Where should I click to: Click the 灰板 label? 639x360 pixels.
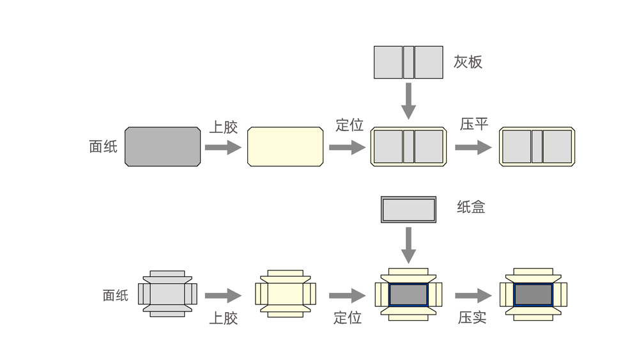pyautogui.click(x=468, y=62)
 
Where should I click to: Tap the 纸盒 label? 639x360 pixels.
pyautogui.click(x=471, y=207)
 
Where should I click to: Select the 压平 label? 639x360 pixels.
pyautogui.click(x=474, y=124)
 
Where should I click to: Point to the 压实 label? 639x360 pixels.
pyautogui.click(x=472, y=317)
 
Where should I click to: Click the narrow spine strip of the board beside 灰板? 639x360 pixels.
pyautogui.click(x=408, y=62)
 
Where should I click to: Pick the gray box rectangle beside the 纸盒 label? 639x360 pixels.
pyautogui.click(x=408, y=210)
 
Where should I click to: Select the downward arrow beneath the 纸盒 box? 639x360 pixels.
pyautogui.click(x=408, y=245)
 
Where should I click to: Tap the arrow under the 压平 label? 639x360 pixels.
pyautogui.click(x=473, y=148)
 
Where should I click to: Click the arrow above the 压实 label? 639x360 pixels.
pyautogui.click(x=473, y=295)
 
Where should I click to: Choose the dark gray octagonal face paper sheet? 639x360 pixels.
pyautogui.click(x=162, y=146)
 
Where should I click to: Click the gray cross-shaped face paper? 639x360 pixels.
pyautogui.click(x=167, y=293)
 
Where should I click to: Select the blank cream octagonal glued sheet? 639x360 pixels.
pyautogui.click(x=285, y=146)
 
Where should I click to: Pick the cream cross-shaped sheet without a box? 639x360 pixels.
pyautogui.click(x=285, y=293)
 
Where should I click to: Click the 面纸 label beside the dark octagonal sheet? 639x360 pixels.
pyautogui.click(x=103, y=146)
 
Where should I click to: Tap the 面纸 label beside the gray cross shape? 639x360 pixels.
pyautogui.click(x=116, y=295)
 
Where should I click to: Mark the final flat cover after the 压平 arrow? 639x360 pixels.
pyautogui.click(x=537, y=146)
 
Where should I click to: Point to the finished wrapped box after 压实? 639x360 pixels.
pyautogui.click(x=533, y=293)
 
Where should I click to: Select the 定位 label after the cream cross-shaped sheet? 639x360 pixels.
pyautogui.click(x=348, y=317)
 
